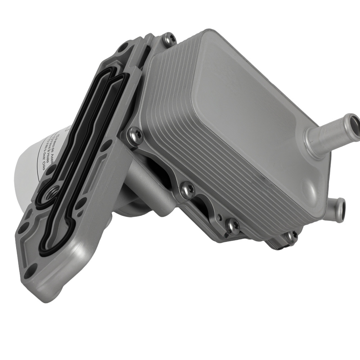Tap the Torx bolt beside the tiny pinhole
(232, 226)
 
